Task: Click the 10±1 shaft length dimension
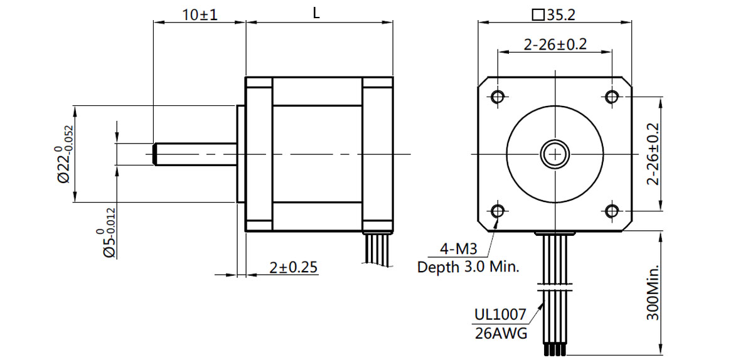point(200,14)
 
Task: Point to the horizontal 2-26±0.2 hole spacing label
point(555,44)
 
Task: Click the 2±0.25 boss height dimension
point(293,267)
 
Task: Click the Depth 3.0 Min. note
point(468,267)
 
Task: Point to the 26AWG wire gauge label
point(501,333)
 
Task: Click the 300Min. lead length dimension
point(653,292)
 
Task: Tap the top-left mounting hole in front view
point(498,97)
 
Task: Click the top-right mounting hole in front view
point(612,97)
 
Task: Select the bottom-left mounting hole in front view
point(498,211)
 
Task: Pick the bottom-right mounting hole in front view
point(612,211)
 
